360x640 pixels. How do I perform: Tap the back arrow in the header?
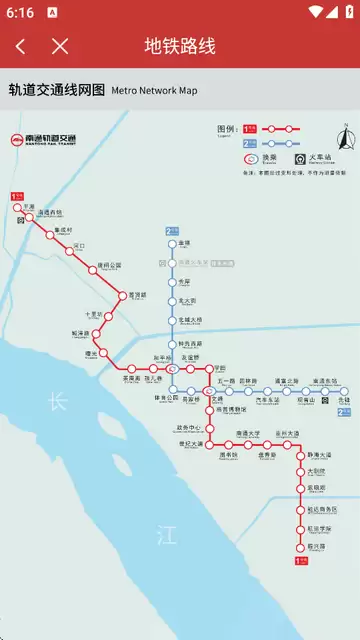(x=21, y=46)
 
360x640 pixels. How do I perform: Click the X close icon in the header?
(x=60, y=46)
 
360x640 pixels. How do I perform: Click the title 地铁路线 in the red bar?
(x=180, y=46)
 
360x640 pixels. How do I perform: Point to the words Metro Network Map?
(x=154, y=91)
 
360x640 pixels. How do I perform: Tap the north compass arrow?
(x=343, y=139)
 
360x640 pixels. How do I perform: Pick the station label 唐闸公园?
(x=108, y=265)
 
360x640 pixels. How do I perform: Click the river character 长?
(x=57, y=402)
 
